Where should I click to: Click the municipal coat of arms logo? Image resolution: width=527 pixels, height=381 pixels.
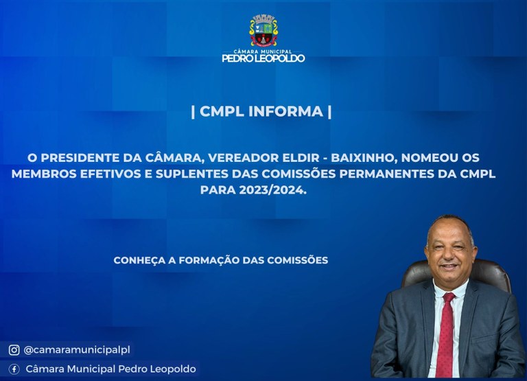pyautogui.click(x=263, y=30)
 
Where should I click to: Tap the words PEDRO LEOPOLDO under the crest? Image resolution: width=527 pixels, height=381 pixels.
pyautogui.click(x=263, y=58)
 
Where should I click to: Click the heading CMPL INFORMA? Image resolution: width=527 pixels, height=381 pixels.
pyautogui.click(x=261, y=111)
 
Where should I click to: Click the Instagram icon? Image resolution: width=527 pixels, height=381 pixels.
pyautogui.click(x=14, y=349)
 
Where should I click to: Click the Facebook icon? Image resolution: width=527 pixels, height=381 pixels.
pyautogui.click(x=14, y=369)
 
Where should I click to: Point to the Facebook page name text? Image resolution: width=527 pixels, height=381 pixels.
pyautogui.click(x=110, y=369)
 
